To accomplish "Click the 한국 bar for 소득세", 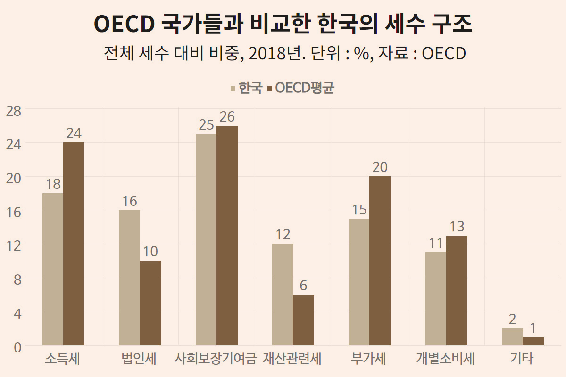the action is pyautogui.click(x=53, y=269).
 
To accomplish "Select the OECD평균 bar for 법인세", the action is pyautogui.click(x=150, y=303).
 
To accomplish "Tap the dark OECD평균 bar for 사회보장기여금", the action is pyautogui.click(x=227, y=236).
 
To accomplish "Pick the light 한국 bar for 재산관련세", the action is pyautogui.click(x=283, y=295).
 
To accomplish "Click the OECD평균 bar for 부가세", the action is pyautogui.click(x=380, y=261).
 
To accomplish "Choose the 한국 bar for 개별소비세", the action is pyautogui.click(x=436, y=299).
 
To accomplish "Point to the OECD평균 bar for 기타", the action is pyautogui.click(x=533, y=341).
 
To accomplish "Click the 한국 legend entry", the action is pyautogui.click(x=247, y=88).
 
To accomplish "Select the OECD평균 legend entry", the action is pyautogui.click(x=301, y=88).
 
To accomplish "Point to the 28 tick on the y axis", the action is pyautogui.click(x=14, y=111).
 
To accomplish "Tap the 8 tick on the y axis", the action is pyautogui.click(x=17, y=280).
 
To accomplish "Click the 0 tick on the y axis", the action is pyautogui.click(x=17, y=347).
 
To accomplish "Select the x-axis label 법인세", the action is pyautogui.click(x=139, y=359).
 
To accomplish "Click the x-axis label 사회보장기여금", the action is pyautogui.click(x=216, y=359).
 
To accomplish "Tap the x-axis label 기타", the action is pyautogui.click(x=522, y=359).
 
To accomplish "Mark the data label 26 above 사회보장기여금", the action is pyautogui.click(x=227, y=117).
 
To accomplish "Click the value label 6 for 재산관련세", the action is pyautogui.click(x=303, y=285).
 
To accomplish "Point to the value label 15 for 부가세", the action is pyautogui.click(x=359, y=210).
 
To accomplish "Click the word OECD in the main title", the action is pyautogui.click(x=125, y=24).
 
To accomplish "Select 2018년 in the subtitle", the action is pyautogui.click(x=277, y=54).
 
